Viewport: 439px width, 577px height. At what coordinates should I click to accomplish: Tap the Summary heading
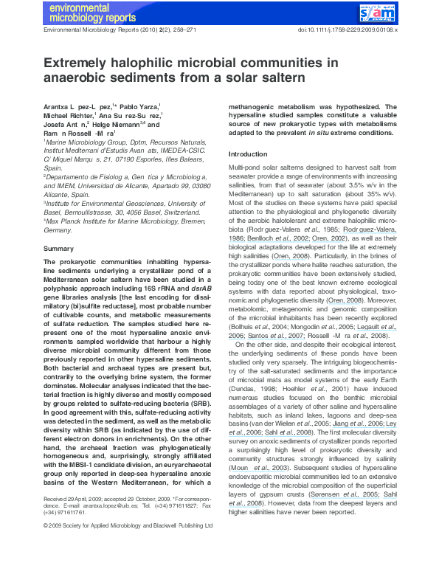(x=59, y=249)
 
